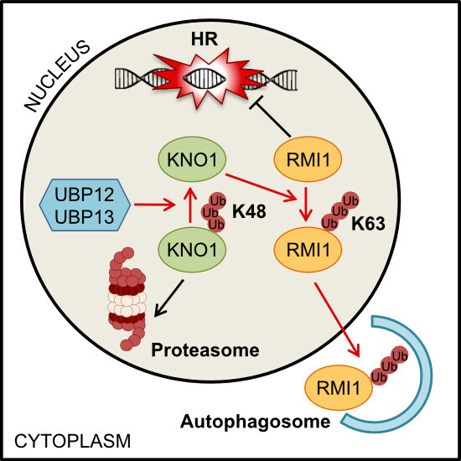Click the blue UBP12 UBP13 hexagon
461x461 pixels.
(85, 205)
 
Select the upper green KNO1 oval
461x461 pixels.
(192, 159)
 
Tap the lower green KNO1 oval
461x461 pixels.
(192, 250)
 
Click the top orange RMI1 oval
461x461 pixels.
(308, 159)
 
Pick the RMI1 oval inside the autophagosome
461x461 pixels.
(339, 387)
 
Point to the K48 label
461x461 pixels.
(249, 211)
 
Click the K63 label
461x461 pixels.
(368, 224)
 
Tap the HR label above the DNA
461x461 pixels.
(205, 39)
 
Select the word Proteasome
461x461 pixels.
(205, 350)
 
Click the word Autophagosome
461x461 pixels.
(255, 422)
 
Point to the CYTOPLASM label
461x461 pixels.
(72, 441)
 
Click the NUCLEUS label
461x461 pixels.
(57, 76)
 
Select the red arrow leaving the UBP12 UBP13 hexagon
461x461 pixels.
(155, 205)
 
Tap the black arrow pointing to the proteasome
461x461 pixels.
(168, 298)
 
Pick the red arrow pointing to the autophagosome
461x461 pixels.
(337, 319)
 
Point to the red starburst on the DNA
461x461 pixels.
(207, 78)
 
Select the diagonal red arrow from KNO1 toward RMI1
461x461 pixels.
(261, 188)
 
